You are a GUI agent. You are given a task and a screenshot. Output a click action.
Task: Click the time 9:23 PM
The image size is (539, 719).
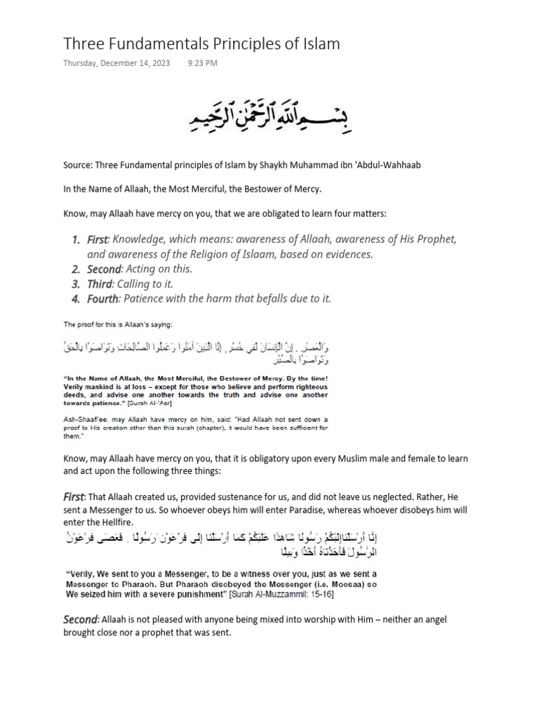pos(203,63)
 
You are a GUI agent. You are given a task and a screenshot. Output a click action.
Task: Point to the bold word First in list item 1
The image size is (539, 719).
pos(98,240)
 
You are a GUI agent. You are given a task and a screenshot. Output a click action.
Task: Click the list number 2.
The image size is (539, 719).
pos(75,269)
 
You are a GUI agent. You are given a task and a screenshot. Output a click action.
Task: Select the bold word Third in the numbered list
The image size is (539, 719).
pos(99,284)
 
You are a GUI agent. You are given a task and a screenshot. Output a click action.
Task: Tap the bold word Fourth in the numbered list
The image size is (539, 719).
pos(102,298)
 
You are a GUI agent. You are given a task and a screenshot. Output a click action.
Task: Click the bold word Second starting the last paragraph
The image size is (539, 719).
pos(80,619)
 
